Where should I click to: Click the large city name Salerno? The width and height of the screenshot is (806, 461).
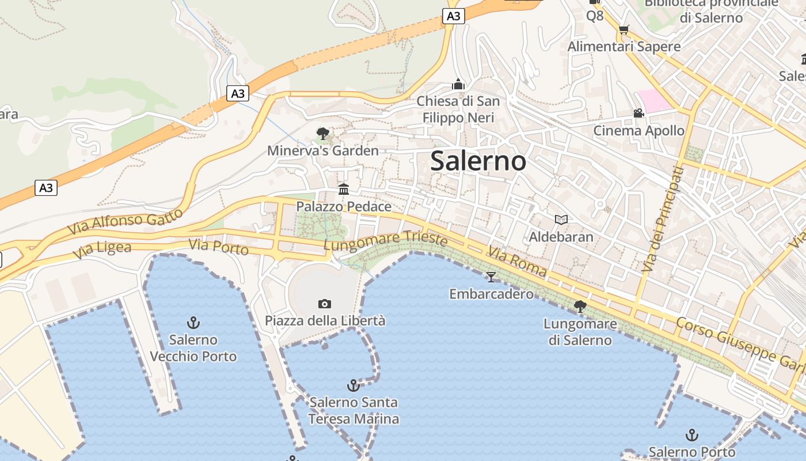[478, 161]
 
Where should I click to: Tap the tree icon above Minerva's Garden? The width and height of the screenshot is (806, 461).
[323, 134]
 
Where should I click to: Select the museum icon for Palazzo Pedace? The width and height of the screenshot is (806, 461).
[344, 189]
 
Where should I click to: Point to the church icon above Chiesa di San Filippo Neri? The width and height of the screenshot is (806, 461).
[458, 84]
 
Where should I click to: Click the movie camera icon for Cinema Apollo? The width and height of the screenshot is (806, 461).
[638, 113]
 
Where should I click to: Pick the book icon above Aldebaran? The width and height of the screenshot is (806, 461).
[561, 220]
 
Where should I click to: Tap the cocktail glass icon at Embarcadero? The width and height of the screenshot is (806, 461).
[491, 277]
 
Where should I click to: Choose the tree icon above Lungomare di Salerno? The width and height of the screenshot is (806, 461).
[580, 307]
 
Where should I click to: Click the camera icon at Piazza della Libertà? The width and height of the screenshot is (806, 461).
[325, 304]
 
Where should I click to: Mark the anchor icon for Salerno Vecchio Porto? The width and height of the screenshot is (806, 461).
[193, 323]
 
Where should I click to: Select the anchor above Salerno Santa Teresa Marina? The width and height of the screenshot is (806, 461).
[353, 385]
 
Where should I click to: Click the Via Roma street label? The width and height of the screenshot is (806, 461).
[517, 264]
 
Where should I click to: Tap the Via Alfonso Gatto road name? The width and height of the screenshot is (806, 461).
[125, 221]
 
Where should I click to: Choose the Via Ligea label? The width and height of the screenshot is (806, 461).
[102, 251]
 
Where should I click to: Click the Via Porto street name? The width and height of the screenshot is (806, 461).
[219, 247]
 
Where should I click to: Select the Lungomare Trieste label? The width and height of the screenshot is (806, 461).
[385, 241]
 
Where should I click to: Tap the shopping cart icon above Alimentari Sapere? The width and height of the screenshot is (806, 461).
[623, 29]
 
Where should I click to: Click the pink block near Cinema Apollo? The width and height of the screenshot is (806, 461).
[655, 100]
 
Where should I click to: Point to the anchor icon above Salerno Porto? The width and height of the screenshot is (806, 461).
[692, 435]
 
